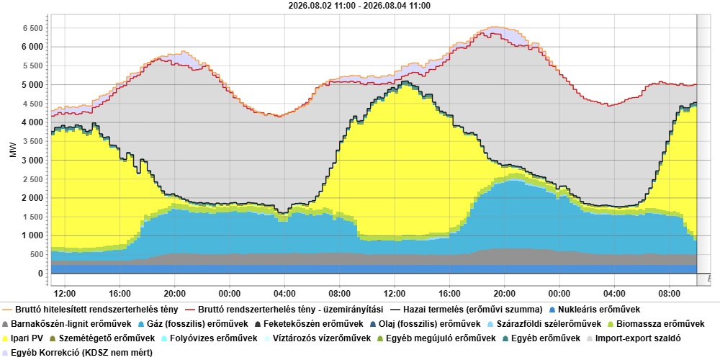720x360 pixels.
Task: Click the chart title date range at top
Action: tap(359, 6)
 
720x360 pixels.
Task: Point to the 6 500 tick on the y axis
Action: tap(32, 28)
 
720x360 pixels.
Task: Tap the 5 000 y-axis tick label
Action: tap(32, 85)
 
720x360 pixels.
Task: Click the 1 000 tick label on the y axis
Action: tap(32, 236)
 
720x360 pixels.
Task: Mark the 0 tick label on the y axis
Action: tap(40, 274)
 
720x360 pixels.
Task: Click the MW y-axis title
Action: tap(13, 150)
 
